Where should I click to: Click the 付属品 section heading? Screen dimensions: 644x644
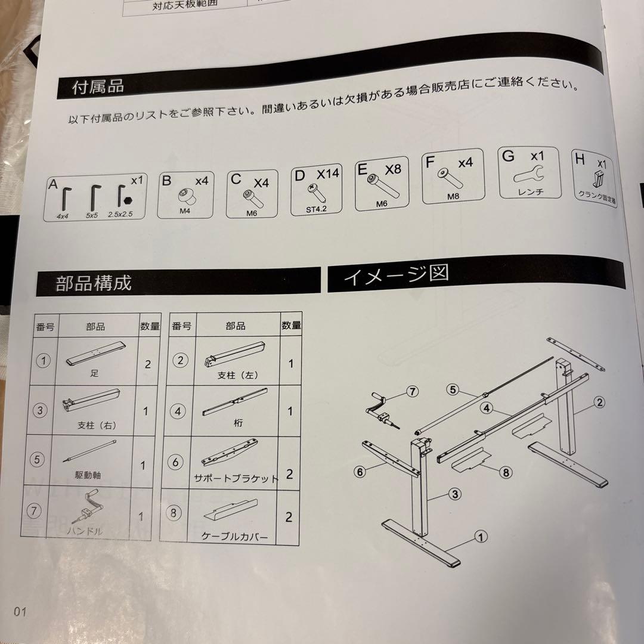(98, 87)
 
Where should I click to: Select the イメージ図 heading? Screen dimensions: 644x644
(396, 275)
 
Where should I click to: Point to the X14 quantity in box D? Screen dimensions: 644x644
(327, 174)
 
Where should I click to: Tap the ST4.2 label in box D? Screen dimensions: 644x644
(316, 209)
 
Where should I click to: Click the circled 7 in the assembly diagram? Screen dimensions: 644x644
(411, 392)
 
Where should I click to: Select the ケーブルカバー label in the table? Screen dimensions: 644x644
(235, 537)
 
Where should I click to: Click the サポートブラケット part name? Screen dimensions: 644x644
(236, 478)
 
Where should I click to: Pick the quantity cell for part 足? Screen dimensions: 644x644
(148, 364)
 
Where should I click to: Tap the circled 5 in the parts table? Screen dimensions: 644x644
(40, 460)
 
